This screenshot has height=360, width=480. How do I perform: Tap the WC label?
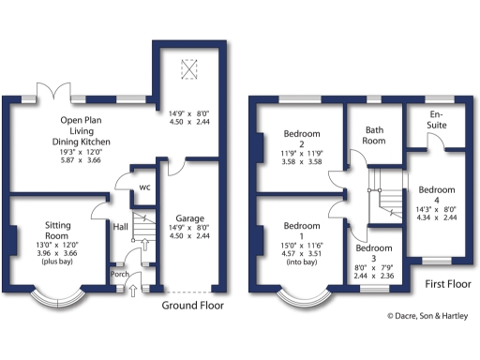pos(143,187)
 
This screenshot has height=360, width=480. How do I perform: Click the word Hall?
pos(120,227)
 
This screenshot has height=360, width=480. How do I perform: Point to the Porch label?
pos(120,275)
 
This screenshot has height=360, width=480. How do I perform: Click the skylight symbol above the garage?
pos(189,68)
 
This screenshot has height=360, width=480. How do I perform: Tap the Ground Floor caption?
pos(193,307)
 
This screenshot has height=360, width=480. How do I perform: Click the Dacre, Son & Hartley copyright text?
pos(428,317)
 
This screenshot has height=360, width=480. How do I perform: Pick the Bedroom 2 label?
pos(301,137)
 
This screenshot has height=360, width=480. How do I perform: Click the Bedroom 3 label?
pos(373,250)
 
